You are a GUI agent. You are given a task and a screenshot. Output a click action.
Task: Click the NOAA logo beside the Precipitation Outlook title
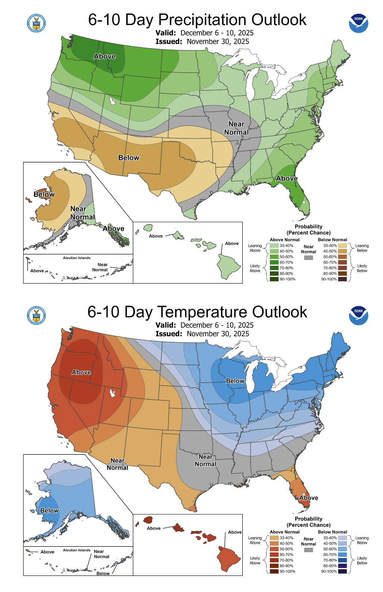(x=358, y=23)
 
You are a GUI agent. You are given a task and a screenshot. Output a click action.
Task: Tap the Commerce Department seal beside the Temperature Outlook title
(x=36, y=315)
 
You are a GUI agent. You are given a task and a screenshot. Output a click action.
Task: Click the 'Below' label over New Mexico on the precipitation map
(x=129, y=158)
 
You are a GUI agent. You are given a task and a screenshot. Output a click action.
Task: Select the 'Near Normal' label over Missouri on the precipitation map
(x=236, y=128)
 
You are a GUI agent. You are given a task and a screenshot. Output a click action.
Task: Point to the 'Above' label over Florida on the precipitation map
(x=287, y=179)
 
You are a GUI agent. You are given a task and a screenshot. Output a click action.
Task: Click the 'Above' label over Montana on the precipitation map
(x=105, y=57)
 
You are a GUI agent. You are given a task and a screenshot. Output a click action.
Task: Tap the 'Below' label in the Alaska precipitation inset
(x=44, y=194)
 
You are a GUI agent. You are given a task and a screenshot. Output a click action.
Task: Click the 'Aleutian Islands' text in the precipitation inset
(x=77, y=258)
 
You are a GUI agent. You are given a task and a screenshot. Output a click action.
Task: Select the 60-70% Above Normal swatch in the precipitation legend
(x=274, y=262)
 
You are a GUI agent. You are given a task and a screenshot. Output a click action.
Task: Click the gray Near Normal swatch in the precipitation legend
(x=308, y=258)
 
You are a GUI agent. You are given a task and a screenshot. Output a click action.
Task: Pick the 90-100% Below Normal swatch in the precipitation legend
(x=343, y=279)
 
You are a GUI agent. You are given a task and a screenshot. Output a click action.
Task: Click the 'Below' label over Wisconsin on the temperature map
(x=235, y=381)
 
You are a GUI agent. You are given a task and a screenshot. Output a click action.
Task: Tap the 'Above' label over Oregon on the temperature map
(x=81, y=372)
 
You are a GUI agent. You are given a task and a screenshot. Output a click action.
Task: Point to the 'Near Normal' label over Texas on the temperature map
(x=205, y=460)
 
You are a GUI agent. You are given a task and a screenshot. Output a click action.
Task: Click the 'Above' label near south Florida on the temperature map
(x=309, y=498)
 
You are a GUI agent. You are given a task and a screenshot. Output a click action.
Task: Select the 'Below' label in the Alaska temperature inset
(x=49, y=510)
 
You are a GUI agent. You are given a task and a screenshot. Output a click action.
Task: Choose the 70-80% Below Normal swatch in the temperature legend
(x=343, y=560)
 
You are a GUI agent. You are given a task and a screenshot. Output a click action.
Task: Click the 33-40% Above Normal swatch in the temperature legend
(x=274, y=538)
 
